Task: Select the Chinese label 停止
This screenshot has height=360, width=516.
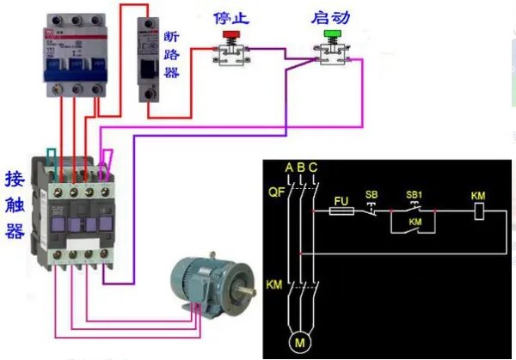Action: [x=230, y=15]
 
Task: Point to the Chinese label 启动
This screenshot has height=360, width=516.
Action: [x=331, y=15]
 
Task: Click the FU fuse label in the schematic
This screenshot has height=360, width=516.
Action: [x=341, y=198]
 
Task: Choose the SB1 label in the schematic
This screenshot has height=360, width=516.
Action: [x=414, y=195]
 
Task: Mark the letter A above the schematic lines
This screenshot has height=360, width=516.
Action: [x=289, y=166]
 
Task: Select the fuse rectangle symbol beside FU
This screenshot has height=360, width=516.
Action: [x=341, y=210]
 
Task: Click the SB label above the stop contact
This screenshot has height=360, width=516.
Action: [x=372, y=195]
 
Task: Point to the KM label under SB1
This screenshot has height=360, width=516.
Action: [x=415, y=222]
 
